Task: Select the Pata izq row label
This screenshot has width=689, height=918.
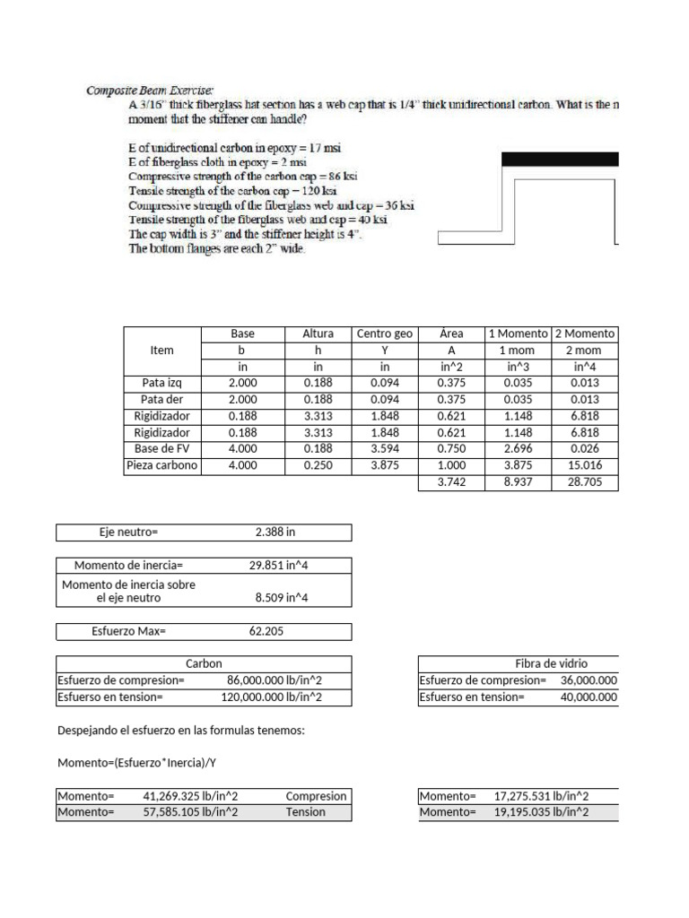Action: coord(162,383)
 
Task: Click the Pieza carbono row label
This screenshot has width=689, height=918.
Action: coord(162,465)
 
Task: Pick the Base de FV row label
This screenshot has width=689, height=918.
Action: coord(162,449)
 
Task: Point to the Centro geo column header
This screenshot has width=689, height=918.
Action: coord(384,333)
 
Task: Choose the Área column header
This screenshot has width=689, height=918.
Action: coord(451,333)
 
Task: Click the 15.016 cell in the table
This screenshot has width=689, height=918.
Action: coord(585,465)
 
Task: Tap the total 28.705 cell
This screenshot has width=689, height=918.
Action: coord(585,482)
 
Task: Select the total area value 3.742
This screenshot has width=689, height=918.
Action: coord(451,482)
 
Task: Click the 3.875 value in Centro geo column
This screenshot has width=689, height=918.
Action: coord(384,465)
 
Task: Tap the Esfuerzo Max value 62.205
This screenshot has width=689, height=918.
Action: coord(266,631)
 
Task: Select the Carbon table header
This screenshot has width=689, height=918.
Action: coord(204,663)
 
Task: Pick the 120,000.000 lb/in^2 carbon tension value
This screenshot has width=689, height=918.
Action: coord(271,697)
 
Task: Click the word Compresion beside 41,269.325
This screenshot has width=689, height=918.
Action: coord(316,796)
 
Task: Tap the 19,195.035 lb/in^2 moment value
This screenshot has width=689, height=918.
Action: coord(541,812)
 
